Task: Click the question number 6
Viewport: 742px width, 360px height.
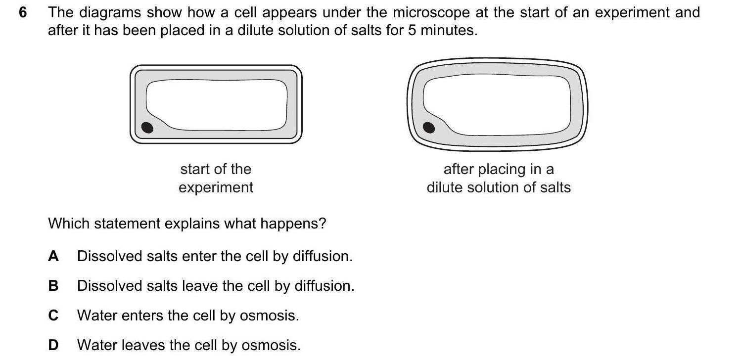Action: [x=22, y=12]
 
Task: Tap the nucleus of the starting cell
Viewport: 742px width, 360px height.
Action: [x=147, y=128]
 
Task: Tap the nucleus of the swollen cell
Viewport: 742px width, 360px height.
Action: [x=429, y=128]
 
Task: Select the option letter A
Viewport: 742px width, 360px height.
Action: [x=53, y=256]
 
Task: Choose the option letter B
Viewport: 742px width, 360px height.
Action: [x=53, y=286]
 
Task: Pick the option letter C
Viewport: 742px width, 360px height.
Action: [x=53, y=315]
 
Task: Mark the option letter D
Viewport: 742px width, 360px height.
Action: [x=53, y=345]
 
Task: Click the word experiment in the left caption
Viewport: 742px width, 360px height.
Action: [x=216, y=188]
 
